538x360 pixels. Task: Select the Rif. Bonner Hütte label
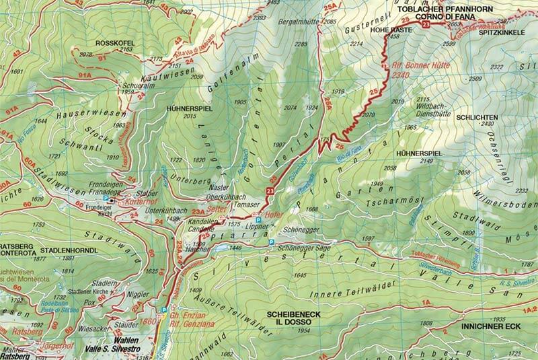point(412,67)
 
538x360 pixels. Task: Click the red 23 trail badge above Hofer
point(270,192)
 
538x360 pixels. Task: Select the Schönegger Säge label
point(301,248)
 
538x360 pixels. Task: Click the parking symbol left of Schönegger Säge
point(270,242)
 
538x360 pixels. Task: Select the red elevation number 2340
point(401,76)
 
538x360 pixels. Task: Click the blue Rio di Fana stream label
point(343,159)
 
